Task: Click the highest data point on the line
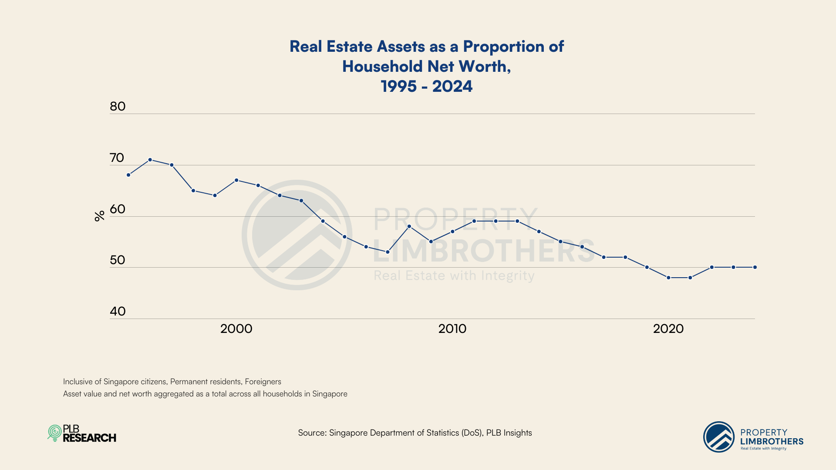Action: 150,160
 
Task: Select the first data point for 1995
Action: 128,175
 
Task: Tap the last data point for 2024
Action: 755,267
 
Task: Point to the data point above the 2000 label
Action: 236,180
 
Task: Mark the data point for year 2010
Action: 452,232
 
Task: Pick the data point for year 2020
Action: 668,278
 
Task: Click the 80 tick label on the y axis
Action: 118,107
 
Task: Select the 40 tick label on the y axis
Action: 118,312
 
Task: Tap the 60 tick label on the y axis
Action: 118,209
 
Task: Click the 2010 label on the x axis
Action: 452,329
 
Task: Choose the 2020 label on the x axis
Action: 668,329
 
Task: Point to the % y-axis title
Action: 100,216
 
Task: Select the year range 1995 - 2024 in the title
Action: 427,86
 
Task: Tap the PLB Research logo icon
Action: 54,433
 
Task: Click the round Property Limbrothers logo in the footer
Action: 719,437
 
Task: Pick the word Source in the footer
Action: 312,433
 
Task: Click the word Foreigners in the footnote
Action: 263,382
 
